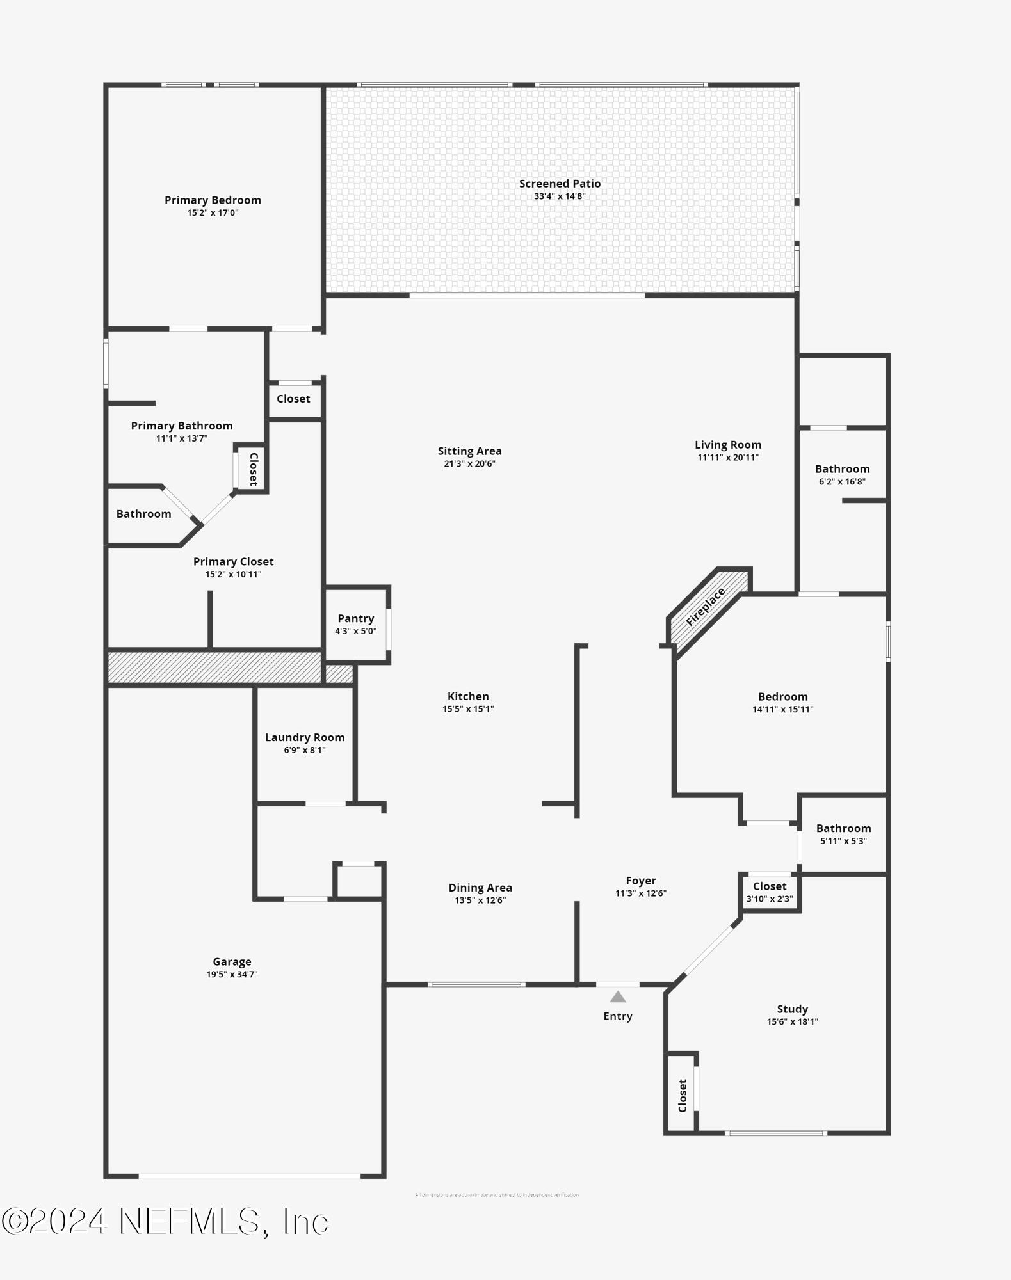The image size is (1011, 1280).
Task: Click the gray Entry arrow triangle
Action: click(x=617, y=996)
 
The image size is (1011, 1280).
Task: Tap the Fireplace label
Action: click(x=705, y=606)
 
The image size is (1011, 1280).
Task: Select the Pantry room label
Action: click(x=355, y=618)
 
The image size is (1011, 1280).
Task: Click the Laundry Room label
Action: click(x=305, y=737)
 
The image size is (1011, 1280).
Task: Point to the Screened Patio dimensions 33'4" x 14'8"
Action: click(x=560, y=196)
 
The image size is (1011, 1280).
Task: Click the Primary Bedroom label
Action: click(x=213, y=200)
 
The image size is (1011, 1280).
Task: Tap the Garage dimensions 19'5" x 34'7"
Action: click(x=232, y=974)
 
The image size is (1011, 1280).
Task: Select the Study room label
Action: click(x=792, y=1009)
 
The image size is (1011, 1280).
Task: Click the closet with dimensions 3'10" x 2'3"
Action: click(x=770, y=892)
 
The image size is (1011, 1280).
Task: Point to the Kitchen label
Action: click(x=468, y=696)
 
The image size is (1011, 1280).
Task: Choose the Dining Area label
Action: click(x=480, y=888)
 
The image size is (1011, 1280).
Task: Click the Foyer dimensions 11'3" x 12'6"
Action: click(x=641, y=893)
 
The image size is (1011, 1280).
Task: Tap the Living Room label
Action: click(x=728, y=445)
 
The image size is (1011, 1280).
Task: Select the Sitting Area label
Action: click(x=469, y=451)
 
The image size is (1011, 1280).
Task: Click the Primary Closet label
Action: click(x=233, y=561)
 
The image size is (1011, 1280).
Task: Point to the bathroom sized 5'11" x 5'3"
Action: click(x=843, y=834)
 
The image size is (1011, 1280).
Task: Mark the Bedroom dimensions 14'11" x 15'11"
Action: click(x=782, y=709)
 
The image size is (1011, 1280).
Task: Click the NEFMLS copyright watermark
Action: click(x=165, y=1221)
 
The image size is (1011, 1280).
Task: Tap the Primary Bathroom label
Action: click(x=182, y=426)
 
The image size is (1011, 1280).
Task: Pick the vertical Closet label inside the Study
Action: click(x=683, y=1095)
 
